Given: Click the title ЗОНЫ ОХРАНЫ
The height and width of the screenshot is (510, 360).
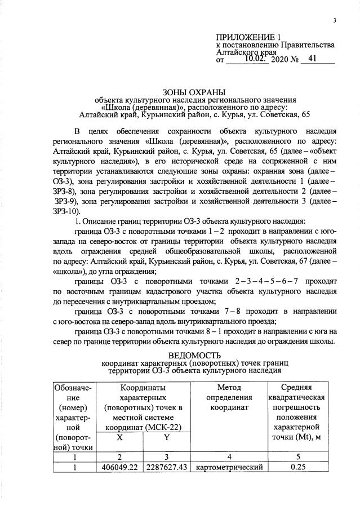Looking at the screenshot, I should [x=193, y=92].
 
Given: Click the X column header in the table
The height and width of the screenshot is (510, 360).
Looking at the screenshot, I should [x=120, y=437].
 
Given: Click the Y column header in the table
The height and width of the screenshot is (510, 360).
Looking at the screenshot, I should [x=167, y=437].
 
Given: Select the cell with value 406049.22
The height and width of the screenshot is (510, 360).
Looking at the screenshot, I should [x=120, y=467].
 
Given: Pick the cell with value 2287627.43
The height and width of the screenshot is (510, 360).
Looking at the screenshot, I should [x=167, y=467].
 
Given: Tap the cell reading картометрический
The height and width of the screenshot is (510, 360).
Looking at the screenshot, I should [x=228, y=467].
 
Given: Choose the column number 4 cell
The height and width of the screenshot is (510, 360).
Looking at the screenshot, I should [x=228, y=457].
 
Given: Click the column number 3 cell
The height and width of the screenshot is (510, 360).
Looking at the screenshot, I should [x=167, y=457].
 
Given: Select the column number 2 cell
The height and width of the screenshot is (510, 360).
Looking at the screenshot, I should [x=120, y=457].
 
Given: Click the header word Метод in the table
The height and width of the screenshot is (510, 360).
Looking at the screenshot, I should [x=228, y=388].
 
